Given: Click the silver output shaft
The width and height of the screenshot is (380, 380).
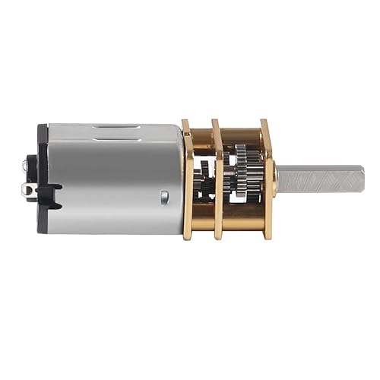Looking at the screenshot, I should point(319,179).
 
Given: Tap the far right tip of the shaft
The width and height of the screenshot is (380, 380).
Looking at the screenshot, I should point(363,179).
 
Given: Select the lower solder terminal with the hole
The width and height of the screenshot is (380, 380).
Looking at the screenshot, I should point(29,190).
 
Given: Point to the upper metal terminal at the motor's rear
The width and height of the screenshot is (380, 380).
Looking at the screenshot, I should point(27,162).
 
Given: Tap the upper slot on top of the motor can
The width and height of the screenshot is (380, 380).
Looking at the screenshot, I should point(116,127).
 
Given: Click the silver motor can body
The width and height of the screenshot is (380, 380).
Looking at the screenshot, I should point(114,179).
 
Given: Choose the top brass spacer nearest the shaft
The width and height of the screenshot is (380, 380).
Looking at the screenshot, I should point(242,133).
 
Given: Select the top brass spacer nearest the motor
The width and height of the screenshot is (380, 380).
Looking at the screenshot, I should point(202,135).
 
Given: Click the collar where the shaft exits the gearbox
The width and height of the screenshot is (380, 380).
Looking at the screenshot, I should point(275,179).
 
